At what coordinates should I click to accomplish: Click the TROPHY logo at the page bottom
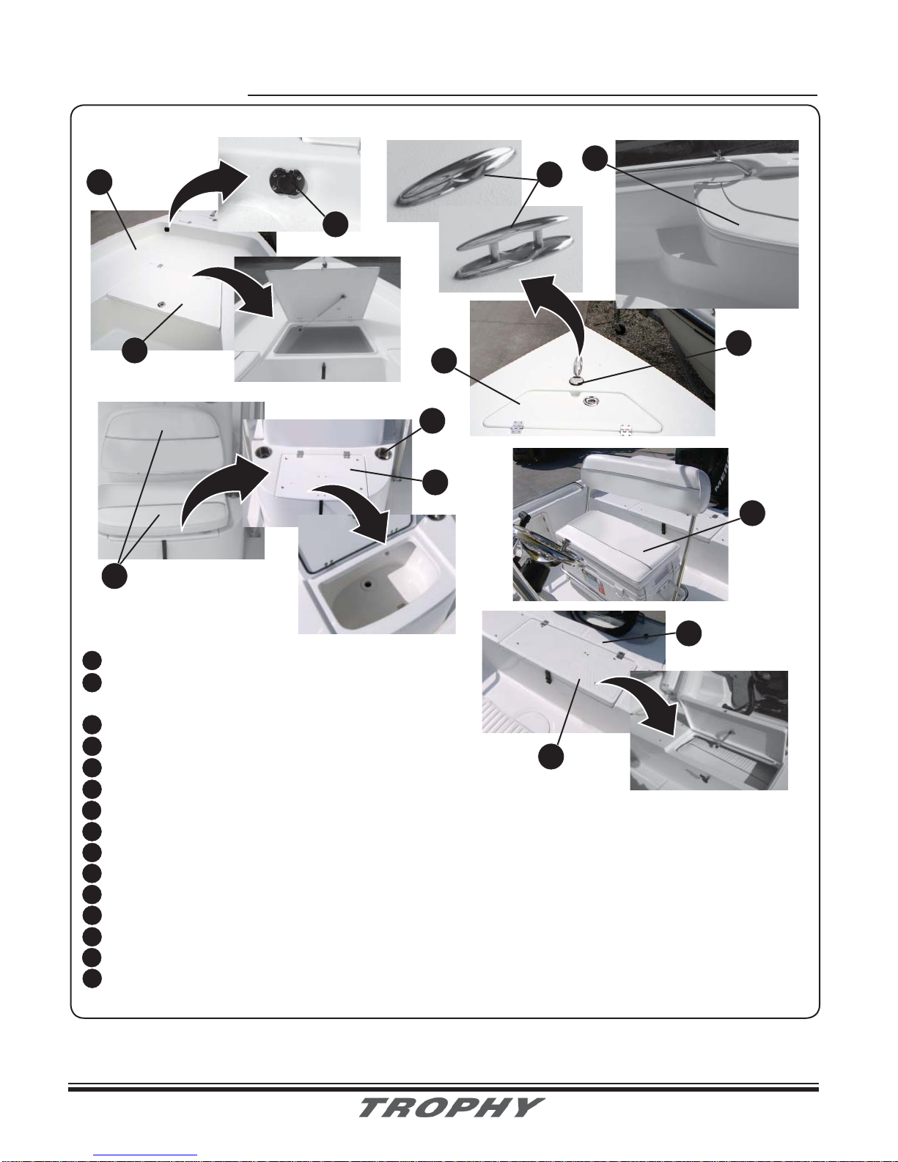tap(452, 1107)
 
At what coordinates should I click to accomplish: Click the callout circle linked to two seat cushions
tap(114, 576)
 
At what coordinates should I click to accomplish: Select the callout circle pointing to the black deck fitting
tap(336, 224)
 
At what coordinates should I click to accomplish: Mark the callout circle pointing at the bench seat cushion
tap(752, 513)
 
